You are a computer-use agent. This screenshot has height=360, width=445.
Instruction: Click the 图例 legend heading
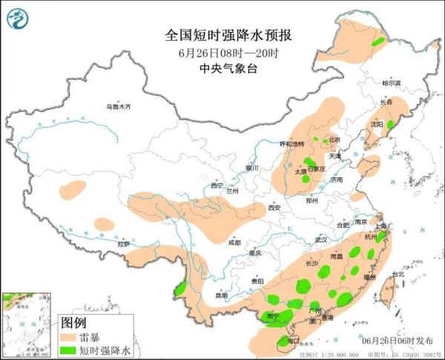73,323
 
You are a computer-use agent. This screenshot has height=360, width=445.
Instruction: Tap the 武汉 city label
320,240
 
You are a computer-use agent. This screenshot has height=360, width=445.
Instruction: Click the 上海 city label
383,226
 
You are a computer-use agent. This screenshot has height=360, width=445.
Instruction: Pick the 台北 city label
397,274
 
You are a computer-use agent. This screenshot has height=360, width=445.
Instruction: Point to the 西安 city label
274,208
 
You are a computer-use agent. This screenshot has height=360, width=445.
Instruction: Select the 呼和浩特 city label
291,143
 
